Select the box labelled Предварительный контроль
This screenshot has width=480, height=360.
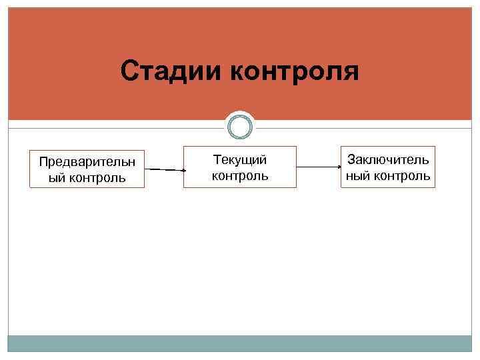click(87, 170)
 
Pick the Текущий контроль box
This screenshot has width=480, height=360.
click(240, 167)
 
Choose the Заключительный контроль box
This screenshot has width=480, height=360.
click(387, 167)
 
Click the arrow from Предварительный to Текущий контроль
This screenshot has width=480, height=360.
click(164, 170)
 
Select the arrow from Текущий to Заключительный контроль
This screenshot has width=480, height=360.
click(319, 167)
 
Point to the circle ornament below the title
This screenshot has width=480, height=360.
click(240, 126)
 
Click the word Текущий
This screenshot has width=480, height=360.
click(240, 160)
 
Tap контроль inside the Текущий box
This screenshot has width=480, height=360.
click(240, 176)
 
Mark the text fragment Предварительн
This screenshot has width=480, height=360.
click(87, 162)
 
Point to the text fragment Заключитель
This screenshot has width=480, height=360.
click(387, 160)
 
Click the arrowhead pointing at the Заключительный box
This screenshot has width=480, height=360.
click(338, 167)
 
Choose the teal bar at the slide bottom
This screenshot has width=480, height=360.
click(240, 343)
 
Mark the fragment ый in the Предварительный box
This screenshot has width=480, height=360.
click(55, 178)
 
